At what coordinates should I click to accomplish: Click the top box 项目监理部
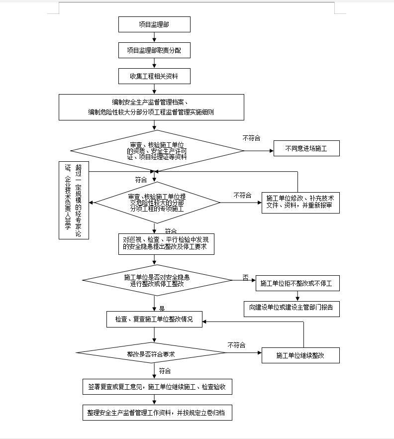154,24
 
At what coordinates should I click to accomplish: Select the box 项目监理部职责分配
154,50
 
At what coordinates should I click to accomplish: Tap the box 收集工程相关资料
154,76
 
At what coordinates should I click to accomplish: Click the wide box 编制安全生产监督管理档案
151,108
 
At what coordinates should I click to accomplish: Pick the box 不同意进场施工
306,148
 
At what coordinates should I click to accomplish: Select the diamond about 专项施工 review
157,203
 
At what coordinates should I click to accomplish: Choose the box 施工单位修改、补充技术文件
300,202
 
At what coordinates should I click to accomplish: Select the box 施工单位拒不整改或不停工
297,284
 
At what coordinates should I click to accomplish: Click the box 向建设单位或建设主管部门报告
292,308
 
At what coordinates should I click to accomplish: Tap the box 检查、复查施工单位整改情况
154,319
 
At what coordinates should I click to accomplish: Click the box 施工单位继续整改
300,355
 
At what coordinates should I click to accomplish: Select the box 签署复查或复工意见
157,387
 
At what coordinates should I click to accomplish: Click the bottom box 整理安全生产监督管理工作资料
157,413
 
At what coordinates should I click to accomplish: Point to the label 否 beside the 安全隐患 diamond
245,277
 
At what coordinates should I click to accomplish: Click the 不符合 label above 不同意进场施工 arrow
252,138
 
